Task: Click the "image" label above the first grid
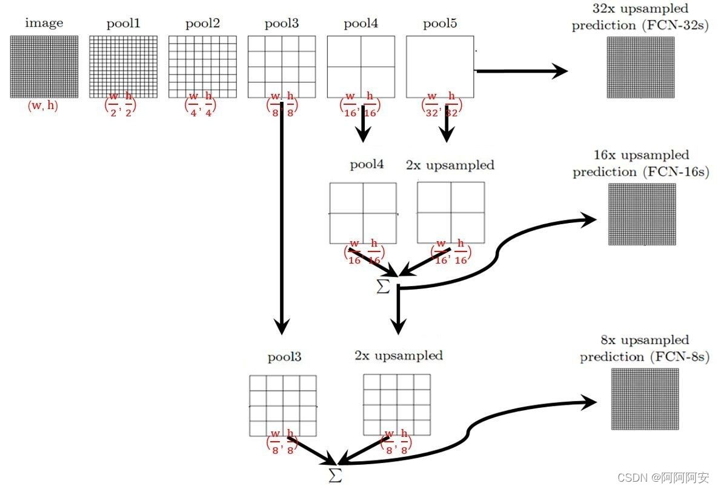(44, 24)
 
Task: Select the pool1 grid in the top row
(123, 67)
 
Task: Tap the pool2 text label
(202, 24)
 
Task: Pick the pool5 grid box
(440, 67)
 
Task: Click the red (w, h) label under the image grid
(43, 107)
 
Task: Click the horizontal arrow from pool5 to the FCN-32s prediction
(521, 71)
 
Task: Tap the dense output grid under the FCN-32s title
(641, 67)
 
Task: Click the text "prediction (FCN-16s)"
(640, 172)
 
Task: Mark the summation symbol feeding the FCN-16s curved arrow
(383, 287)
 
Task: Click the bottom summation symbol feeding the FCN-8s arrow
(335, 474)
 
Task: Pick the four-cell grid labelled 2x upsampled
(451, 213)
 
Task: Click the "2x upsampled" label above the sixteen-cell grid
(399, 356)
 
